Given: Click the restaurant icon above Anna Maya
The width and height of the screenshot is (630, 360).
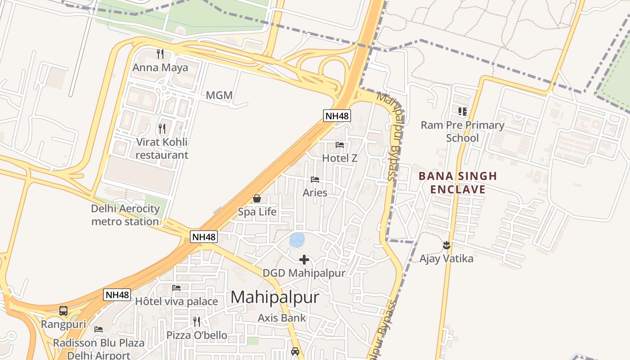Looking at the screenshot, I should coord(160,54).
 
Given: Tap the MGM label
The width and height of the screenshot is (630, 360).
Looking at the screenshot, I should coord(219,95).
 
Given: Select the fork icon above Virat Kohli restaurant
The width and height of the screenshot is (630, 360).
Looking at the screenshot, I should coord(162,129).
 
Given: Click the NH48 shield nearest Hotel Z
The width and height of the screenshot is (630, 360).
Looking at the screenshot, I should coord(337,116).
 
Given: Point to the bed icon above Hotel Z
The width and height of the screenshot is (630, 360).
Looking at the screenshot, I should coord(340,145).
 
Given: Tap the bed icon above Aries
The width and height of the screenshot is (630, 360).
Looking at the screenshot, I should coord(315,180).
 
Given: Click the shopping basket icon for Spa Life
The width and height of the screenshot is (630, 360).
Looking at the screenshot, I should coord(257,198).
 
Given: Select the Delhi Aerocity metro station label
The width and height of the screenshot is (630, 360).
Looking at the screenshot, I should coord(126,215).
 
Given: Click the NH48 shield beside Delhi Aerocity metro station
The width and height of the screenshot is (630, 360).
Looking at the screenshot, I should coord(203,237).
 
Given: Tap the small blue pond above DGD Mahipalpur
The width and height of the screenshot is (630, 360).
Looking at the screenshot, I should coord(297,240).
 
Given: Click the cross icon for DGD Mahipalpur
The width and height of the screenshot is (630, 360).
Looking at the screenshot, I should coord(304,260).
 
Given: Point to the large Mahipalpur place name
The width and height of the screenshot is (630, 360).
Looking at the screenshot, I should coord(275,297).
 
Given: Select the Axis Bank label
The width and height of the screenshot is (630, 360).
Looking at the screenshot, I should coord(282,318).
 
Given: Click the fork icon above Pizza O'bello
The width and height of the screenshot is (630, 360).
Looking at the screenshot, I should coord(197,321).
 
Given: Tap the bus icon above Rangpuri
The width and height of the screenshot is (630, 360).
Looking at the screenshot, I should coord(63,311).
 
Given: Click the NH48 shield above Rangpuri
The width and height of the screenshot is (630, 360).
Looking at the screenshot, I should coord(117,295).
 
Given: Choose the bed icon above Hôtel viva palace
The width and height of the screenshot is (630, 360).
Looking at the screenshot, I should coord(176,288).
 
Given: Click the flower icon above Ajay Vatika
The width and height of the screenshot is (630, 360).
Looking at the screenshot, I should coord(446,245).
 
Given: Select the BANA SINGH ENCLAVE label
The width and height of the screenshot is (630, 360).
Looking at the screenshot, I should coord(458,182).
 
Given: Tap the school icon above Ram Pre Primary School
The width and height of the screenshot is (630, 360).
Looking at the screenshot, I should coord(462,111).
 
